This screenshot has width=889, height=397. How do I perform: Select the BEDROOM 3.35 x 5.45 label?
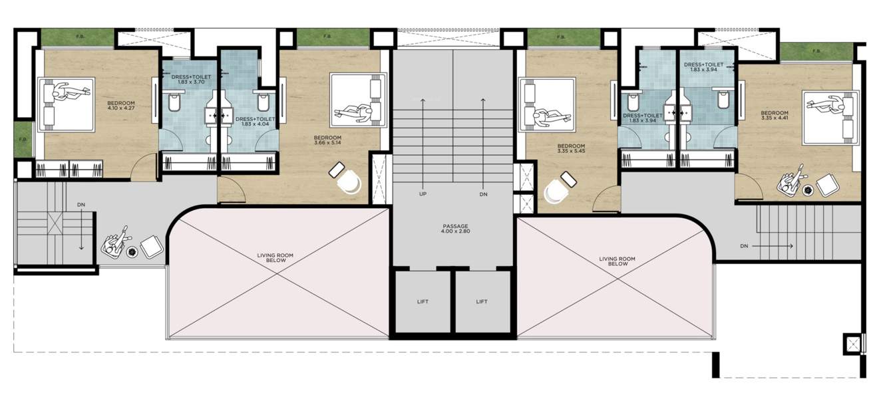tap(571, 150)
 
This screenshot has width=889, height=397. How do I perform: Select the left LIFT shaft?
tap(423, 301)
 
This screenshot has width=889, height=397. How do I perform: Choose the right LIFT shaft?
tap(482, 301)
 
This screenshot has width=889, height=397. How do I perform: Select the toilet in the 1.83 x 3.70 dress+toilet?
tap(175, 104)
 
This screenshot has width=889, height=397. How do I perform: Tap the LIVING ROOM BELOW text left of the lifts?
tap(275, 258)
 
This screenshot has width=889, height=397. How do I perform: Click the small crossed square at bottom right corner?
tap(852, 344)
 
